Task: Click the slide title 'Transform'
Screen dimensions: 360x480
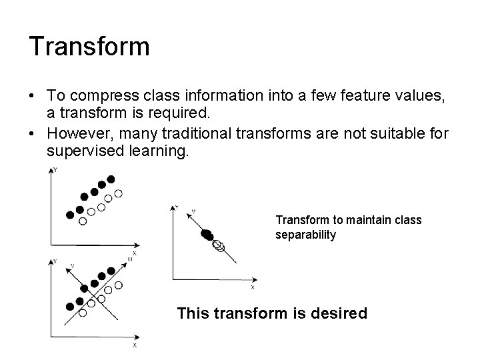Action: [89, 47]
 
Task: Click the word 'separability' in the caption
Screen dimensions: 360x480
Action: [306, 235]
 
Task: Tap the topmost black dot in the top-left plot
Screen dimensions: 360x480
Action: [111, 179]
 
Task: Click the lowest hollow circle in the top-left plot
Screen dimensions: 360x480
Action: [83, 221]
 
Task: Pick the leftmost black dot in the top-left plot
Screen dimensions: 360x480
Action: [70, 215]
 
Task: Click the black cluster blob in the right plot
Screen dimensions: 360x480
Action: [207, 234]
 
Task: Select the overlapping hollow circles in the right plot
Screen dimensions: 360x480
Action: [218, 246]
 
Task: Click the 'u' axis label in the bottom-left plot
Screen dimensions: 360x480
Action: [131, 258]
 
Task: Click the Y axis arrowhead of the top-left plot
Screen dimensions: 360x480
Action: [52, 172]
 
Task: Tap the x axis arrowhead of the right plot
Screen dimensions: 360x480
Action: [256, 279]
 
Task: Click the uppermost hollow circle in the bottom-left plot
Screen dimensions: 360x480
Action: [118, 285]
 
